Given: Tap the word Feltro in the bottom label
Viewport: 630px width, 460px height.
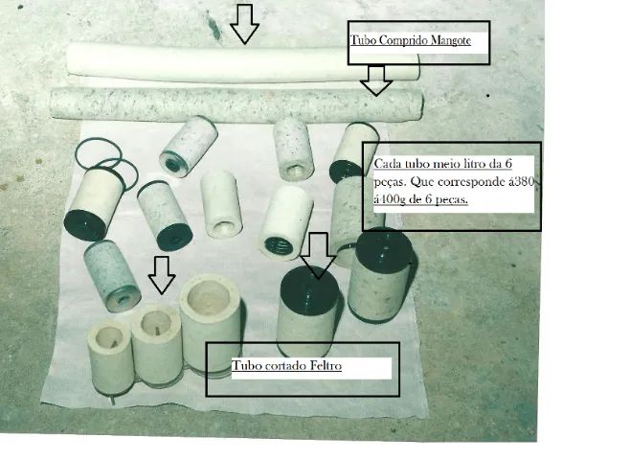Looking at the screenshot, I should pyautogui.click(x=320, y=367).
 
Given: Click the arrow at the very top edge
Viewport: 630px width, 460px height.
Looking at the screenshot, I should pyautogui.click(x=245, y=21).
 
